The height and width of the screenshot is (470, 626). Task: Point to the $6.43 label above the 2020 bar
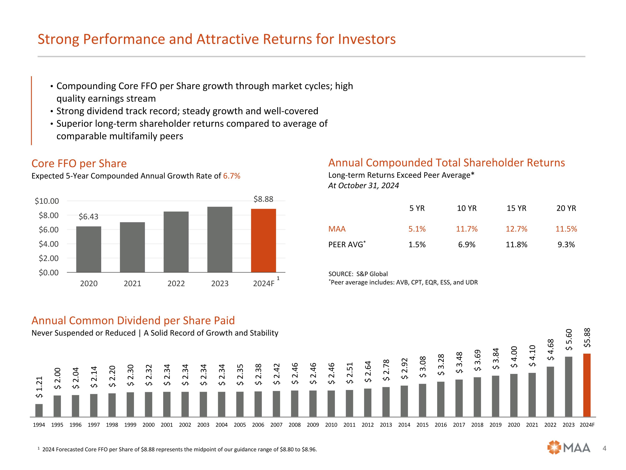pyautogui.click(x=88, y=217)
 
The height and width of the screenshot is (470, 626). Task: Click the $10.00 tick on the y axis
pyautogui.click(x=47, y=201)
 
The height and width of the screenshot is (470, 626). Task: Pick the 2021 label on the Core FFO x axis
pyautogui.click(x=133, y=284)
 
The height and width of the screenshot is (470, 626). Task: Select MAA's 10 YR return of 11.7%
pyautogui.click(x=467, y=229)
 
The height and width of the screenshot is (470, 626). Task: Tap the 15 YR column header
pyautogui.click(x=516, y=208)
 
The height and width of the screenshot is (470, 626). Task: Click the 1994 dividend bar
pyautogui.click(x=39, y=410)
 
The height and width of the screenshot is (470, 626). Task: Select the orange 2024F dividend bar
pyautogui.click(x=587, y=385)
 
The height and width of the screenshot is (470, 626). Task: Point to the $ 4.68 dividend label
pyautogui.click(x=550, y=350)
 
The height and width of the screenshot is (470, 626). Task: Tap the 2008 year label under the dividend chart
pyautogui.click(x=295, y=425)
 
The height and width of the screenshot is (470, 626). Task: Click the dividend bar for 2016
pyautogui.click(x=441, y=399)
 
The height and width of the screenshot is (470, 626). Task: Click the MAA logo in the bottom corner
pyautogui.click(x=569, y=448)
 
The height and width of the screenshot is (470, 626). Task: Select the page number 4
pyautogui.click(x=605, y=448)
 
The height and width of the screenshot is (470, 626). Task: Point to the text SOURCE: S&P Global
pyautogui.click(x=358, y=274)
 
